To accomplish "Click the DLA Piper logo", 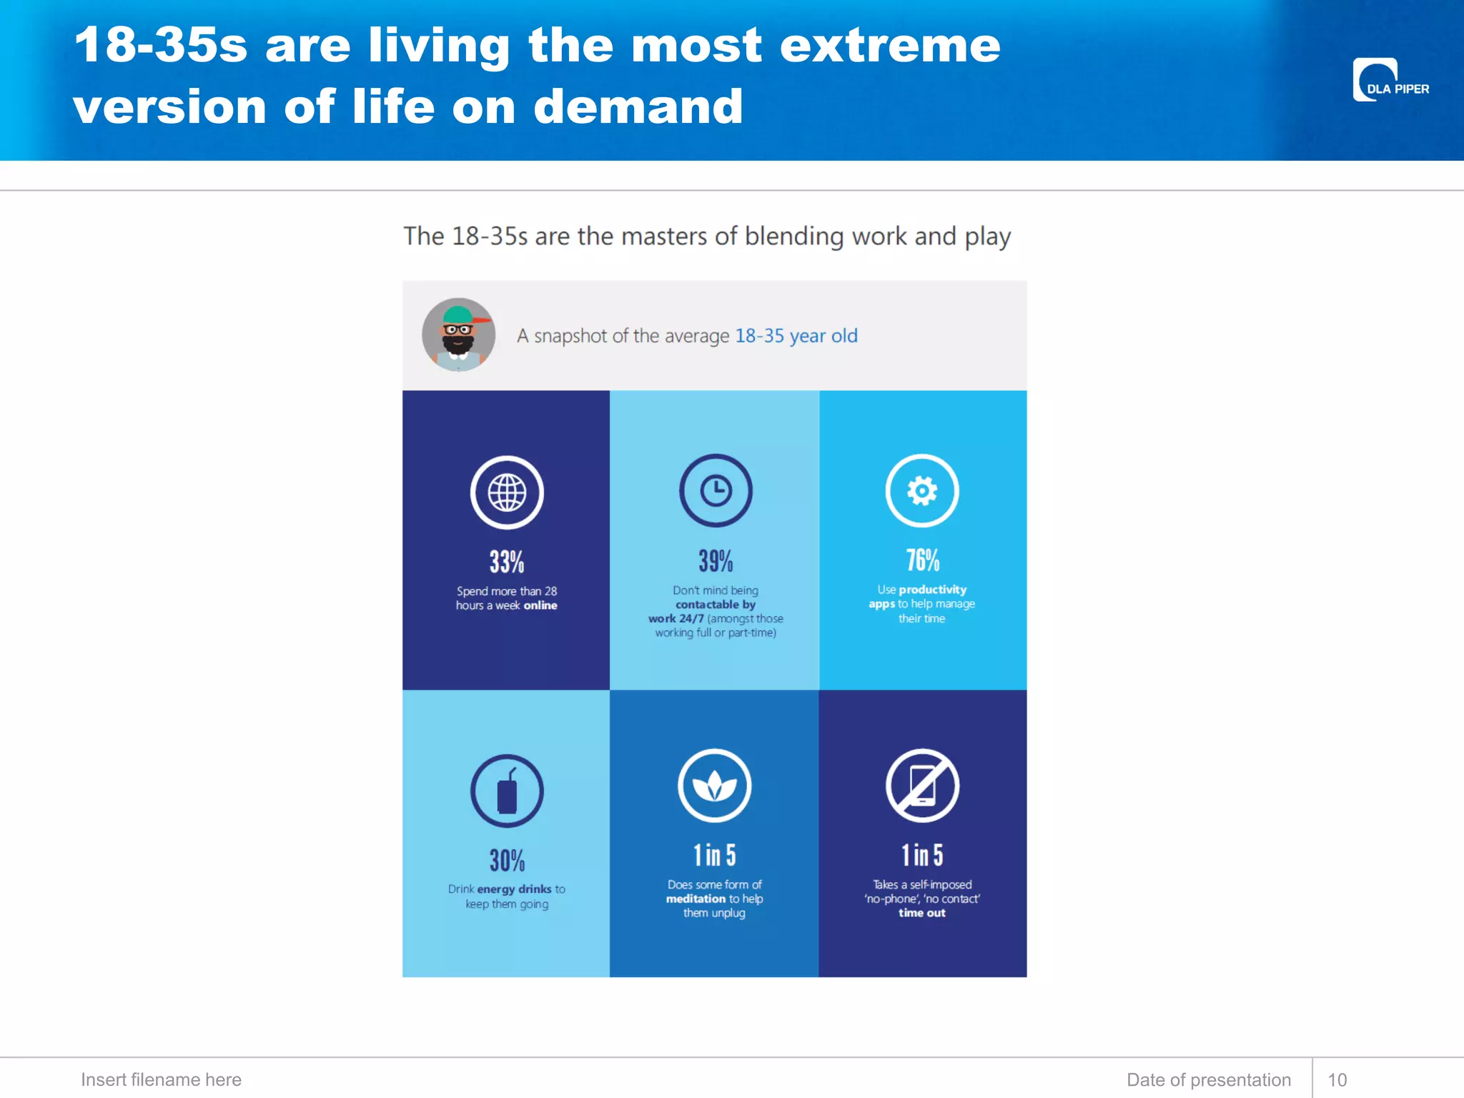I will coord(1390,80).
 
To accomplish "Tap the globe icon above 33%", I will coord(507,493).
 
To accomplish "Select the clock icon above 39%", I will coord(716,491).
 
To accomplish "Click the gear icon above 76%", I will coord(922,491).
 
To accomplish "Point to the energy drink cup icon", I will coord(507,791).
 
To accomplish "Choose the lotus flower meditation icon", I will coord(714,786).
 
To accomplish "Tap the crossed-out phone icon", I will coord(922,786).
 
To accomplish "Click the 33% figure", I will coord(507,562).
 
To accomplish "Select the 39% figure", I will coord(716,561).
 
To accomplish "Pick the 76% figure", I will coord(922,560).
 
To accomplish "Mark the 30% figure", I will coord(507,861).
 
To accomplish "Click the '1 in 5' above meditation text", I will coord(714,855).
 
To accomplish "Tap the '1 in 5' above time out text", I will coord(922,855).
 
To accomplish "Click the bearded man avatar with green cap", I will coord(458,335).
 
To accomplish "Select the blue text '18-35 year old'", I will coord(796,336).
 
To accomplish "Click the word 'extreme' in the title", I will coord(889,46).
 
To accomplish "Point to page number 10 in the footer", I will coord(1337,1079).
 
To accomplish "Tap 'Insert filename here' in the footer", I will coord(161,1079).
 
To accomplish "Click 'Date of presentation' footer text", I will coord(1208,1079).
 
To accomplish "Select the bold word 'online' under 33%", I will coord(540,605).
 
